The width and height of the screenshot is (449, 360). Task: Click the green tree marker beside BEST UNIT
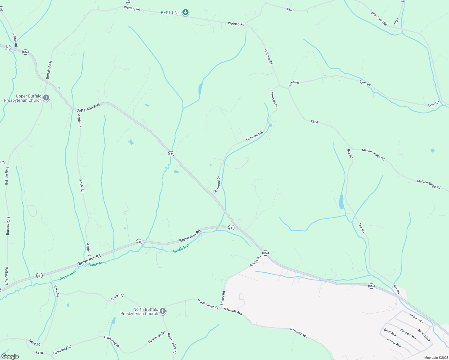[x=186, y=12]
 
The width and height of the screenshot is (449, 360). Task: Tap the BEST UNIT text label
[x=171, y=13]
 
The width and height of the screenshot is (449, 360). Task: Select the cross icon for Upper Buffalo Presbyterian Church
[x=46, y=97]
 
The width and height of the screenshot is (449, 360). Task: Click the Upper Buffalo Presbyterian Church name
[x=23, y=98]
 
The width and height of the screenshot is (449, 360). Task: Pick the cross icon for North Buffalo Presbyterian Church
[x=163, y=311]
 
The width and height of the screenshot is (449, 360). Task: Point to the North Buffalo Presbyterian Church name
[x=139, y=311]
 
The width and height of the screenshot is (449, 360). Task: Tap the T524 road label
[x=314, y=122]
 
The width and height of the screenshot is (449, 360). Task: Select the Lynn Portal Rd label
[x=378, y=18]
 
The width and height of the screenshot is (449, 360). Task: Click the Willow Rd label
[x=15, y=40]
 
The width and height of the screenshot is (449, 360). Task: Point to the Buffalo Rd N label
[x=49, y=70]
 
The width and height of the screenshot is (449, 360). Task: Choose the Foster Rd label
[x=117, y=297]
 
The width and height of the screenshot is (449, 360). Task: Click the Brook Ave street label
[x=417, y=318]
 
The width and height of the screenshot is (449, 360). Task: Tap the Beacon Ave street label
[x=408, y=334]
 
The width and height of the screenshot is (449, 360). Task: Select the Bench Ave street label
[x=424, y=335]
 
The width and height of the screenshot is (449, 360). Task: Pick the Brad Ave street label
[x=390, y=332]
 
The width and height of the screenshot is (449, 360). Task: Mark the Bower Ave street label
[x=394, y=342]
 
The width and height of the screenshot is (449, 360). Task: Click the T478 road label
[x=39, y=353]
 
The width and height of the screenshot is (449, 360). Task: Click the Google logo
[x=10, y=356]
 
